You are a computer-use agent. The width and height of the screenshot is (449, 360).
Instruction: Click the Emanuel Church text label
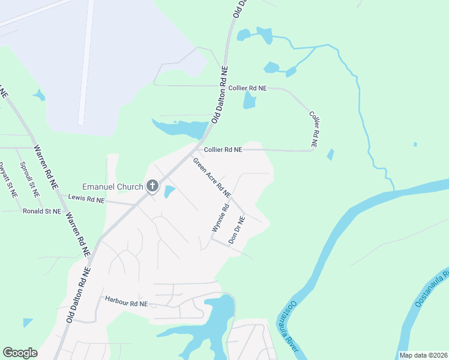point(112,187)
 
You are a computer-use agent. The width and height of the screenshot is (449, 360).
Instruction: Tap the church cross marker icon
point(152,186)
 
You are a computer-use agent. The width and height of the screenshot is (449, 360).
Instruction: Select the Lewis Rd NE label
point(86,197)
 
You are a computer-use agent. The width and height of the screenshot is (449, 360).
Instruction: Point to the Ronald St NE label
point(42,211)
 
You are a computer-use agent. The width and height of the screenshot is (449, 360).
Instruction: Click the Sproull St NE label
point(29,179)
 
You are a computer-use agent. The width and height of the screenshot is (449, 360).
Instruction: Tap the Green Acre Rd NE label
point(212,178)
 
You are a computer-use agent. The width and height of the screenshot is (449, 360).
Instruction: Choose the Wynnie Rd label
point(220,218)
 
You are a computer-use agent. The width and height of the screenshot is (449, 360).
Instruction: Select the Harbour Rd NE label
point(126,302)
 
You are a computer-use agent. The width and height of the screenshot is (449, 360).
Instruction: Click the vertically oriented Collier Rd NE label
point(313,129)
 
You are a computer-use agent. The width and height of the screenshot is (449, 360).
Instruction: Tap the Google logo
point(20,353)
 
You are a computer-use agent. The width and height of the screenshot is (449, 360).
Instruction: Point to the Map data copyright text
point(423,355)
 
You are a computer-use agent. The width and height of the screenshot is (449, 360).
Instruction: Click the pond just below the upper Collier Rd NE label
point(249,100)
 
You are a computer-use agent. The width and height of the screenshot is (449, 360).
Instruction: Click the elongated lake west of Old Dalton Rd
point(180,127)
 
